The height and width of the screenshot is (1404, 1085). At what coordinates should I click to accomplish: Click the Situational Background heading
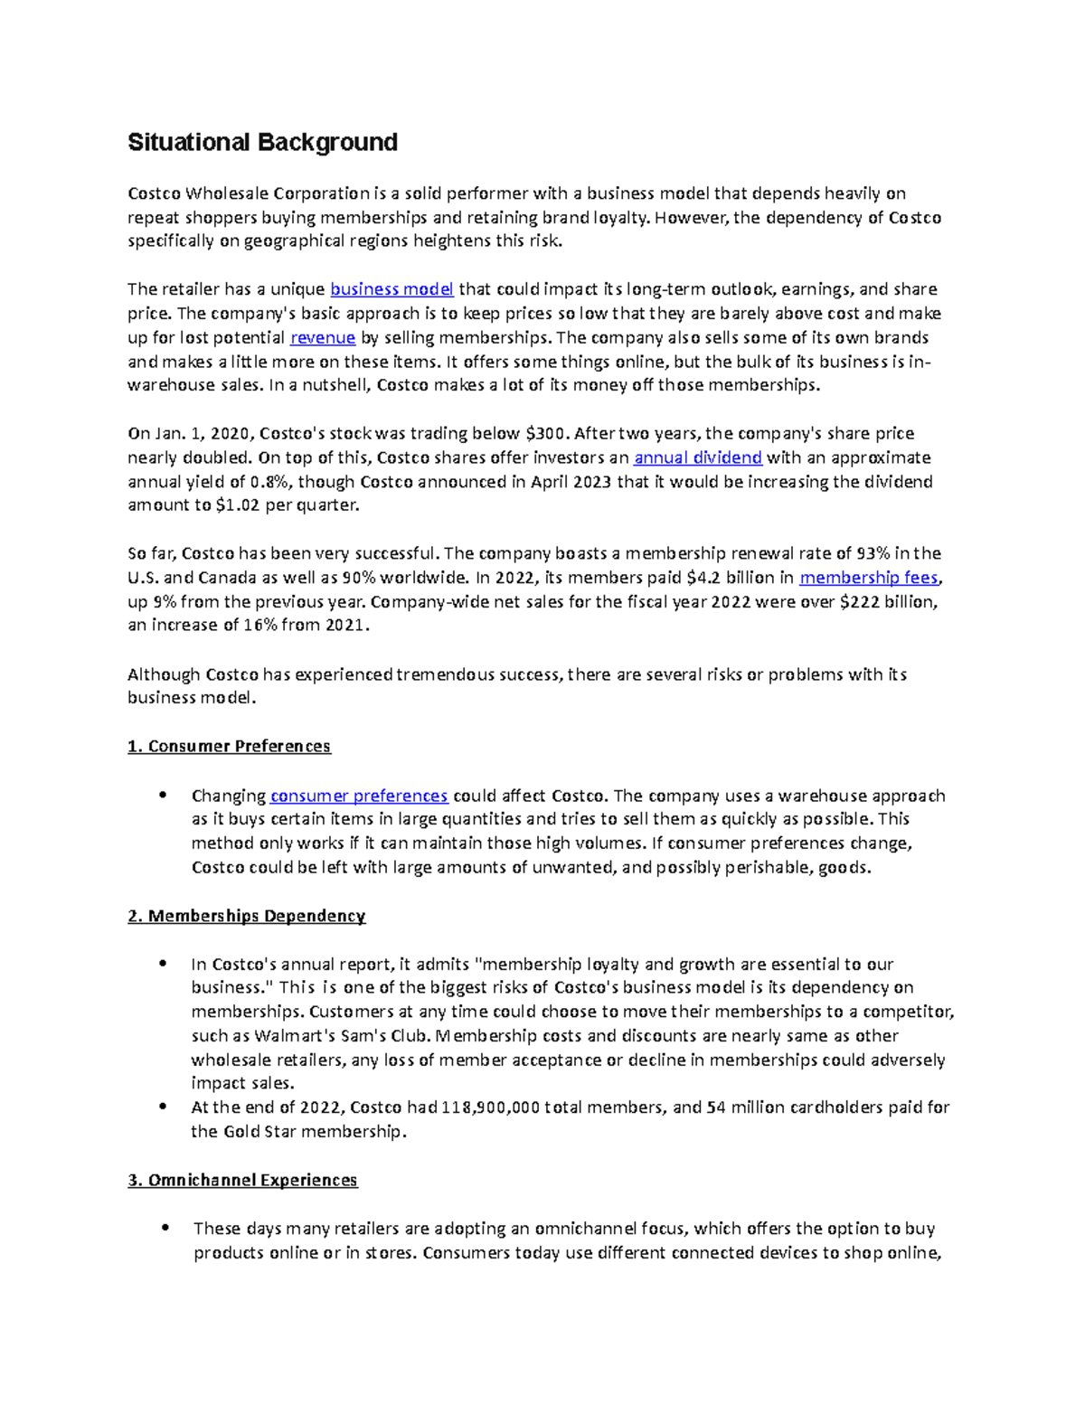tap(262, 143)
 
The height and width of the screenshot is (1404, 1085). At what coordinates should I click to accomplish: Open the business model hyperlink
tap(392, 289)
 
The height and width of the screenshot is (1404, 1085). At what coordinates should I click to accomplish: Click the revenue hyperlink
tap(323, 337)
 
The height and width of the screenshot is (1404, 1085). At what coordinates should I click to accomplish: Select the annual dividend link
tap(698, 457)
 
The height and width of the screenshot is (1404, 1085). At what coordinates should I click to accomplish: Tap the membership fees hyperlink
tap(870, 578)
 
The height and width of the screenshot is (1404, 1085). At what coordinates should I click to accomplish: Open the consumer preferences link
tap(359, 796)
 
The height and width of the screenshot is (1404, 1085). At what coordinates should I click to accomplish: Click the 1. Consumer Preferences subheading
tap(229, 746)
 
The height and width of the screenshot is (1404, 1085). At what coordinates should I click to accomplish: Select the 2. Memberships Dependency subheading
tap(246, 916)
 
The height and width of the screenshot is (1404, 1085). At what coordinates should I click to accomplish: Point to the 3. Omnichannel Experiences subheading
tap(242, 1180)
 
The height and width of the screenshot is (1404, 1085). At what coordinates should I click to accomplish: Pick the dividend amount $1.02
tap(238, 505)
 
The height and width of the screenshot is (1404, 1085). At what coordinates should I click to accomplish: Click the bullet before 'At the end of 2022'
tap(163, 1107)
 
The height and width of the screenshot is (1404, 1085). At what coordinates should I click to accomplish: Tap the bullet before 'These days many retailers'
tap(164, 1228)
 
